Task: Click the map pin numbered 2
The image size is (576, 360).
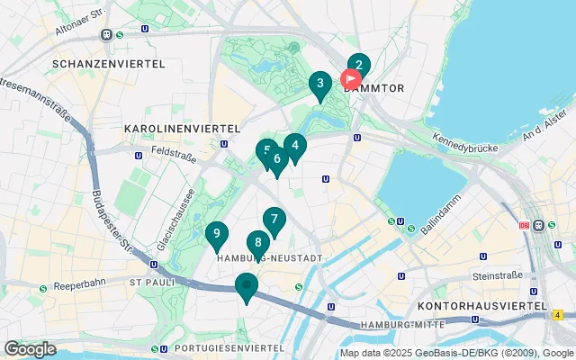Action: point(358,65)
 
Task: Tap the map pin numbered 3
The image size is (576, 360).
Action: point(319,85)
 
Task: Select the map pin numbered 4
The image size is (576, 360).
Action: point(295,145)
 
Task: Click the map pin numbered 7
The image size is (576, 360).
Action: point(274,220)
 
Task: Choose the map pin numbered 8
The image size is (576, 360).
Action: point(258,242)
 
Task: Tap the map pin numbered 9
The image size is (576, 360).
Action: point(216,235)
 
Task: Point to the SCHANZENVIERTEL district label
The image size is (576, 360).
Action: point(109,65)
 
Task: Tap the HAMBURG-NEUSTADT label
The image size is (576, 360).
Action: point(270,258)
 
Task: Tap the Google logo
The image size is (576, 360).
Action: point(30,348)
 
